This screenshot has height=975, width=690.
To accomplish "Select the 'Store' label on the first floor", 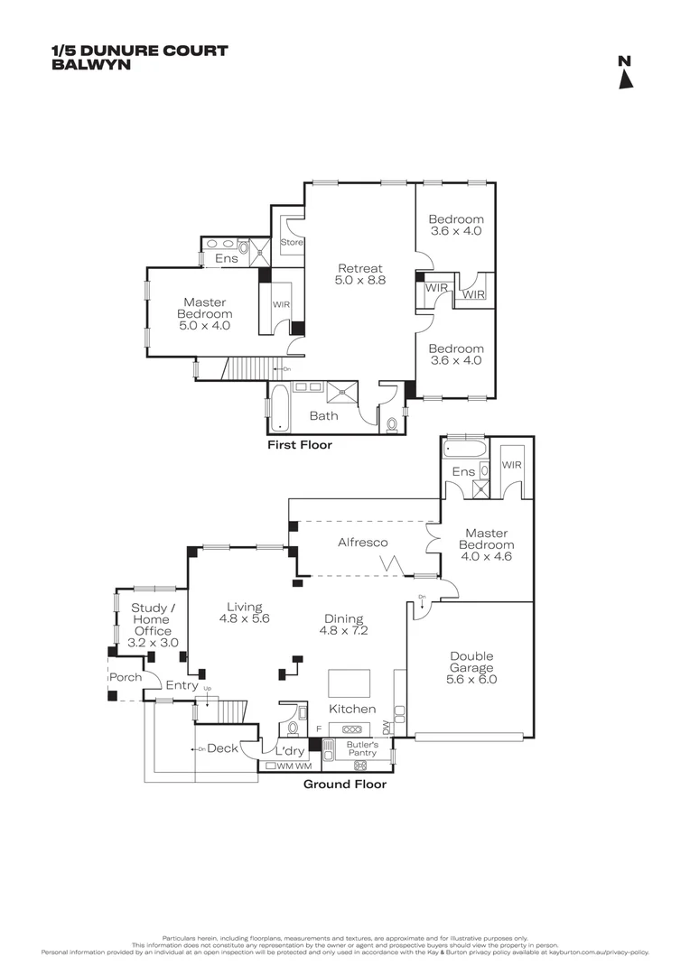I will tap(292, 243).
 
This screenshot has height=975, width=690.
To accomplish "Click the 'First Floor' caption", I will tap(300, 445).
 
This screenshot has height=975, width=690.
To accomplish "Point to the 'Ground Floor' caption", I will tap(344, 785).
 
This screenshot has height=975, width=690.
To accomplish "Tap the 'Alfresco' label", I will tap(362, 543).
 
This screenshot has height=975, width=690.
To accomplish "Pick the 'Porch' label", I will tap(125, 677).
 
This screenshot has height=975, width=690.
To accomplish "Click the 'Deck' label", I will tap(222, 748).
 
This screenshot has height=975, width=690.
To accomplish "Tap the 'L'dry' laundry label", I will tap(289, 751).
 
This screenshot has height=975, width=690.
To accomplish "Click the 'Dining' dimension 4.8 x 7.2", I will tap(343, 631).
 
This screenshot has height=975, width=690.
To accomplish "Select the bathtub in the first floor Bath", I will tap(278, 406).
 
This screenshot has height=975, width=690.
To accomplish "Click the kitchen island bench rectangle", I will tap(349, 680).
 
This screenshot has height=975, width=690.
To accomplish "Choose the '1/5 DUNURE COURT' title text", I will tap(140, 51).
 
